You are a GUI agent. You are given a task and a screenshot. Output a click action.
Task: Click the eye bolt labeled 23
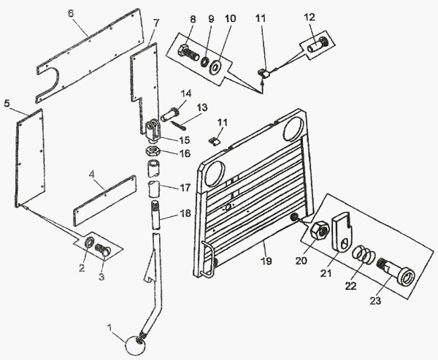[x=397, y=275]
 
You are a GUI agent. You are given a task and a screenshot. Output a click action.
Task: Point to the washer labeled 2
[x=90, y=242]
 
